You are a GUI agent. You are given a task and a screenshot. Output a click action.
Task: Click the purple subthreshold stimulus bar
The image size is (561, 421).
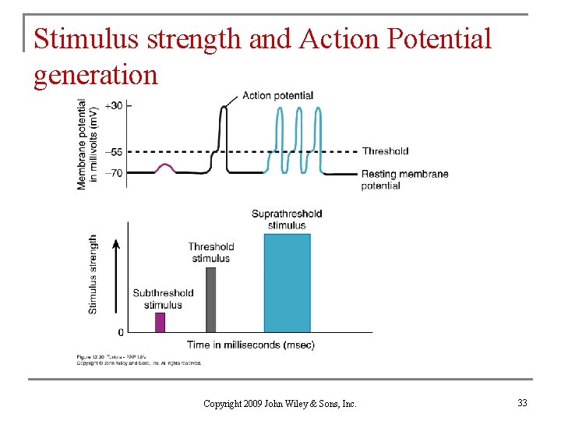160,322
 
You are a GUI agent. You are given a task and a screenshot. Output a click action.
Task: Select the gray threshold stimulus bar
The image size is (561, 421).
210,299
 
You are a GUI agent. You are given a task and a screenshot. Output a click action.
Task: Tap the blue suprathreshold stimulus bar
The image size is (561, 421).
287,283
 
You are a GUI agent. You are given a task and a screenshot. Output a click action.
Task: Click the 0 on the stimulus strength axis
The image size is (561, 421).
119,331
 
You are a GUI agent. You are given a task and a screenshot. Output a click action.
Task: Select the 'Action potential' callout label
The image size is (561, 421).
277,96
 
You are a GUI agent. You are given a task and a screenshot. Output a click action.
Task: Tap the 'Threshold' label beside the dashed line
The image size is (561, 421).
385,151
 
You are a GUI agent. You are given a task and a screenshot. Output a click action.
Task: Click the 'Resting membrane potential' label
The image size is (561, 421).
404,179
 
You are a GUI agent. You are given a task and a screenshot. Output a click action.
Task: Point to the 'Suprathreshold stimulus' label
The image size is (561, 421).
287,219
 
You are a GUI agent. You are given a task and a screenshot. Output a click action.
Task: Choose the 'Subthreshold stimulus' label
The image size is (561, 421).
163,299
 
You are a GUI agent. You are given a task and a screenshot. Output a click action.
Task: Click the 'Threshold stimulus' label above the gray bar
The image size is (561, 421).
211,253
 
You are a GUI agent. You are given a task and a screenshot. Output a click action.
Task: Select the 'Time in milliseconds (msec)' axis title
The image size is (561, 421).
251,345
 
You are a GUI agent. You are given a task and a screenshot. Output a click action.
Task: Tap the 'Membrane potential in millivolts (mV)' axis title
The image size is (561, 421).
87,144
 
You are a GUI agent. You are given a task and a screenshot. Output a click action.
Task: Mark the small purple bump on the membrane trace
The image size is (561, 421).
164,166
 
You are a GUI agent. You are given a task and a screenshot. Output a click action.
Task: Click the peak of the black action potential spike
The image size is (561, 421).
224,108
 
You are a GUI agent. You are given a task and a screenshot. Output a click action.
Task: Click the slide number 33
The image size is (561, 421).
521,403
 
